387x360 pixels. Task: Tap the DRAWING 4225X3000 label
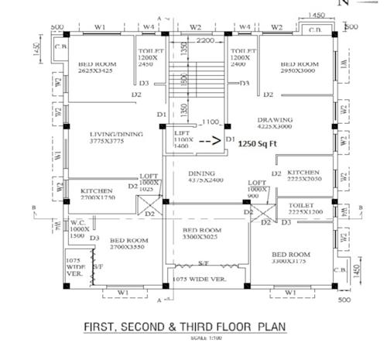pos(279,124)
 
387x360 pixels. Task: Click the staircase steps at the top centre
pos(194,81)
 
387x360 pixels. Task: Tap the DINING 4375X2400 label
pos(204,177)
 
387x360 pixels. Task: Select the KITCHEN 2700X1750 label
pos(96,194)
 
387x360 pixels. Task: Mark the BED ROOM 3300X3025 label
pos(203,235)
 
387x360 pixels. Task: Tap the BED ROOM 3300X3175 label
pos(291,259)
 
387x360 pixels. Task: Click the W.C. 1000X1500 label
pos(79,230)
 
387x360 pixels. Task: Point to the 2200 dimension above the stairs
pos(205,39)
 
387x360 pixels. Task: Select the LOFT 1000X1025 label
pos(149,183)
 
